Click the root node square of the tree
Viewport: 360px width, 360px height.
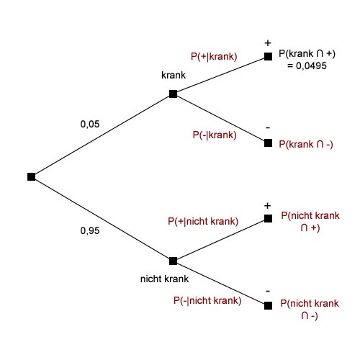pyautogui.click(x=32, y=176)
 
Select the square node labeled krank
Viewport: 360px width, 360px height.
pyautogui.click(x=173, y=94)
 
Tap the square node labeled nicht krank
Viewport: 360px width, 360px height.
pyautogui.click(x=173, y=261)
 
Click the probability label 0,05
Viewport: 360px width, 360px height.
pyautogui.click(x=90, y=125)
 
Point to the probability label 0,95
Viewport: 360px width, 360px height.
pyautogui.click(x=90, y=231)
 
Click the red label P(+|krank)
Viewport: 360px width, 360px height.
pyautogui.click(x=214, y=57)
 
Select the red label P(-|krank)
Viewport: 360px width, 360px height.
pyautogui.click(x=215, y=135)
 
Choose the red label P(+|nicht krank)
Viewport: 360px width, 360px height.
pyautogui.click(x=203, y=221)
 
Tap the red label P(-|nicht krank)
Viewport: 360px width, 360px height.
pyautogui.click(x=207, y=300)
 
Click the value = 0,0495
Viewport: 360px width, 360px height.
pyautogui.click(x=307, y=66)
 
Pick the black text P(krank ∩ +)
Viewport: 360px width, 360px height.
pyautogui.click(x=307, y=53)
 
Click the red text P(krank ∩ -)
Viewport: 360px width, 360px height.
pyautogui.click(x=306, y=145)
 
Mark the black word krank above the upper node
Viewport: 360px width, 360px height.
pyautogui.click(x=174, y=76)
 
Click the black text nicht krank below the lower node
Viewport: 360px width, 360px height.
pyautogui.click(x=164, y=279)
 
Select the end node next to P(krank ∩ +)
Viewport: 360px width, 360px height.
pyautogui.click(x=268, y=57)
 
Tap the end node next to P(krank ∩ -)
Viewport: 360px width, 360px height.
pyautogui.click(x=268, y=143)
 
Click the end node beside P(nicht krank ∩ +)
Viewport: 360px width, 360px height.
pyautogui.click(x=268, y=218)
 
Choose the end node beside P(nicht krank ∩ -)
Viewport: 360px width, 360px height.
pyautogui.click(x=268, y=306)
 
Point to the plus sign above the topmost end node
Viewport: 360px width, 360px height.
pyautogui.click(x=268, y=43)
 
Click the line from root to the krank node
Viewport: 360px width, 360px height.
pyautogui.click(x=102, y=135)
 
